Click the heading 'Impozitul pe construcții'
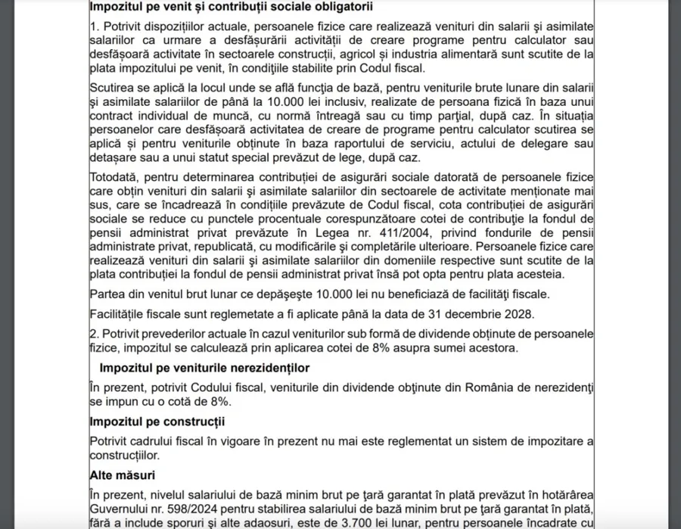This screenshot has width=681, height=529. click(157, 421)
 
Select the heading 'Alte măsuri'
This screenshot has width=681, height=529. click(122, 475)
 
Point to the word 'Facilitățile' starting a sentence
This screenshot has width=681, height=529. click(120, 313)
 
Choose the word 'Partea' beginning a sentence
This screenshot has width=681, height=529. click(107, 294)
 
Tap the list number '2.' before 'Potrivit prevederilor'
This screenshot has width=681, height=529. click(94, 334)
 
